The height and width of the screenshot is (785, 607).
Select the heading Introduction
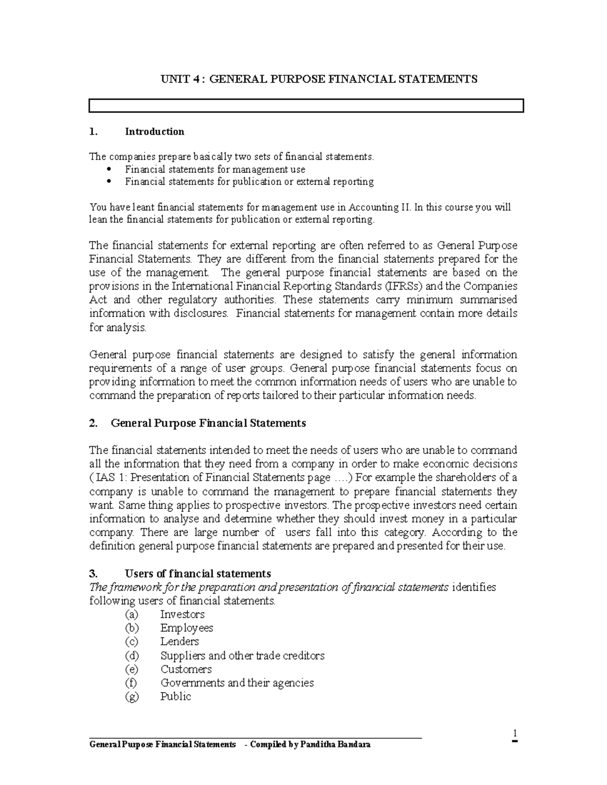154,132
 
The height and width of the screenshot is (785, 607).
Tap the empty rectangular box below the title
306,106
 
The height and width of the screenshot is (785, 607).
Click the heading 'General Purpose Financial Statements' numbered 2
208,423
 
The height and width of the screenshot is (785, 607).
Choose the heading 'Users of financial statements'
198,574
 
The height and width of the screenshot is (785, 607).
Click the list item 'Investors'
182,615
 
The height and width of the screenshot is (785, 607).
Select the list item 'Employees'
187,628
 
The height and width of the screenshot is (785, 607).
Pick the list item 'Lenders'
180,642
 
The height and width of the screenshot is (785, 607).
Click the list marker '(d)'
131,656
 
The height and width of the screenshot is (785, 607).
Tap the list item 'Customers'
186,669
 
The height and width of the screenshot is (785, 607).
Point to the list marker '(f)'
131,683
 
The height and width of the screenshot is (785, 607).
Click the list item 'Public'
176,697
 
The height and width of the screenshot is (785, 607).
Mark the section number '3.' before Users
93,574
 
